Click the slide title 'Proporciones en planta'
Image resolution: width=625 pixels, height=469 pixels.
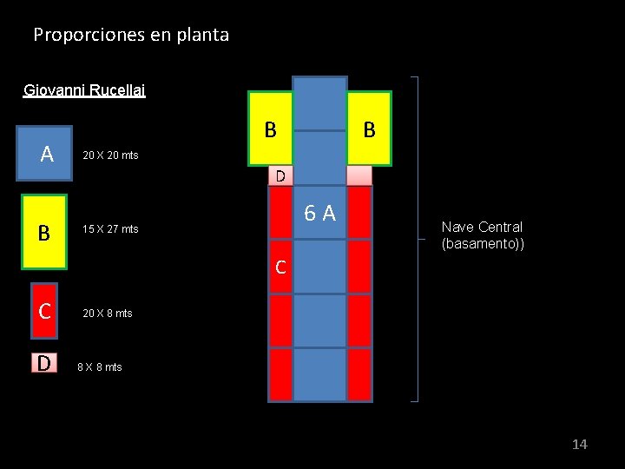[x=131, y=36]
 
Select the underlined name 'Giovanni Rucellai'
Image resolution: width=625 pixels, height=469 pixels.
[x=84, y=89]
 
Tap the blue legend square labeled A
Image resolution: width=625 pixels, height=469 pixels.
[x=47, y=155]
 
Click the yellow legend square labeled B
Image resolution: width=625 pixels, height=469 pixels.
[x=43, y=233]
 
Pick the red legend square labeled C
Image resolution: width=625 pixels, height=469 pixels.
[x=43, y=310]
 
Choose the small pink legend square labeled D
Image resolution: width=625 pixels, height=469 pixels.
[x=43, y=363]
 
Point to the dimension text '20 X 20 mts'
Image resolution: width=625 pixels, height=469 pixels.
[x=109, y=155]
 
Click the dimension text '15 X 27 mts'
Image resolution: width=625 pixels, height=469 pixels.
[x=109, y=229]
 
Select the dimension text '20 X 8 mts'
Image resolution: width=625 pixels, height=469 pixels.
[x=107, y=313]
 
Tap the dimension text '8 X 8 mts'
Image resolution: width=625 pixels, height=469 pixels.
[x=100, y=367]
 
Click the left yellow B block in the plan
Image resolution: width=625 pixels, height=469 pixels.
[x=271, y=129]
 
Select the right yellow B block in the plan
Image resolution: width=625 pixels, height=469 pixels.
[x=369, y=129]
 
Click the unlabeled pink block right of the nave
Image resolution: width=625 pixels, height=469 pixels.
[x=359, y=175]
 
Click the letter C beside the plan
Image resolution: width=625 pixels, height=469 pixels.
[x=280, y=268]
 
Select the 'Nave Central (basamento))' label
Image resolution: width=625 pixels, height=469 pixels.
[x=482, y=235]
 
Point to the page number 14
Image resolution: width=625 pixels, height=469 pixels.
[x=579, y=445]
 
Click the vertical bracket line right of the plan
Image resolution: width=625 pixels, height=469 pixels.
[x=418, y=239]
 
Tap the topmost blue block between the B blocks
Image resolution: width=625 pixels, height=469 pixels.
[x=319, y=103]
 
